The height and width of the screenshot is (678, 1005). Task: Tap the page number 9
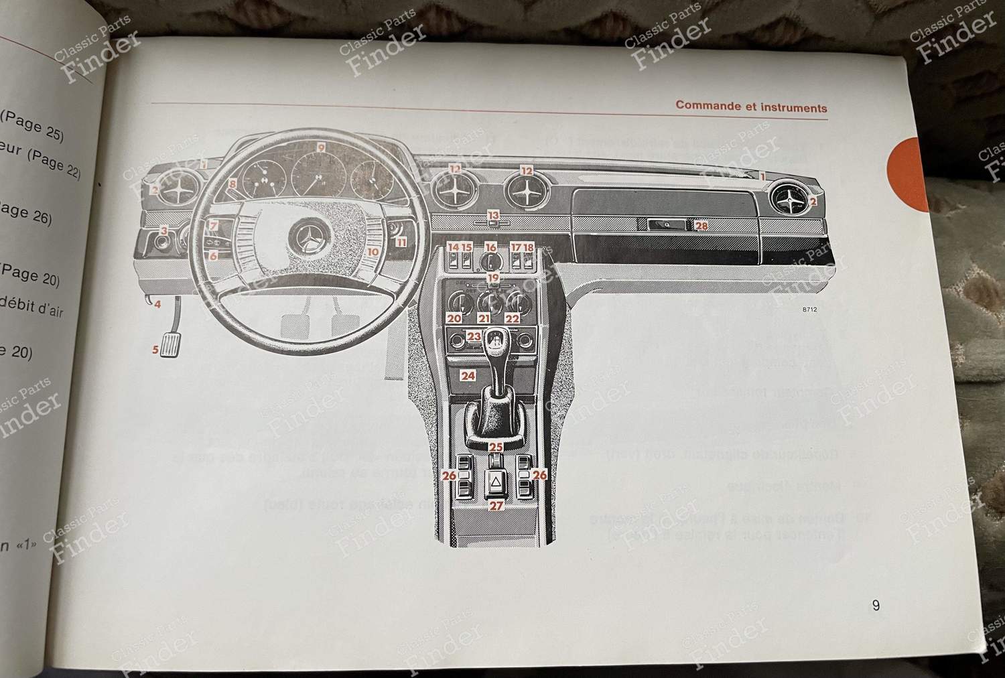point(876,606)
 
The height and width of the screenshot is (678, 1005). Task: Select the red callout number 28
point(701,226)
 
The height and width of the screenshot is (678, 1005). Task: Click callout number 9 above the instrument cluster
point(321,147)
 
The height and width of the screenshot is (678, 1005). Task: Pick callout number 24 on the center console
point(468,376)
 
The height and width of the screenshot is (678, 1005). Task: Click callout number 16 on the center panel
point(491,248)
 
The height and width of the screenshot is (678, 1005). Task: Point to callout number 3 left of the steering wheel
point(163,231)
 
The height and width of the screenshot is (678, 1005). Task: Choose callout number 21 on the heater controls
point(483,318)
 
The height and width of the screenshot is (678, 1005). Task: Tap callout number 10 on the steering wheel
point(373,253)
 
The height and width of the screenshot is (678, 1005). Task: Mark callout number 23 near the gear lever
point(474,336)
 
